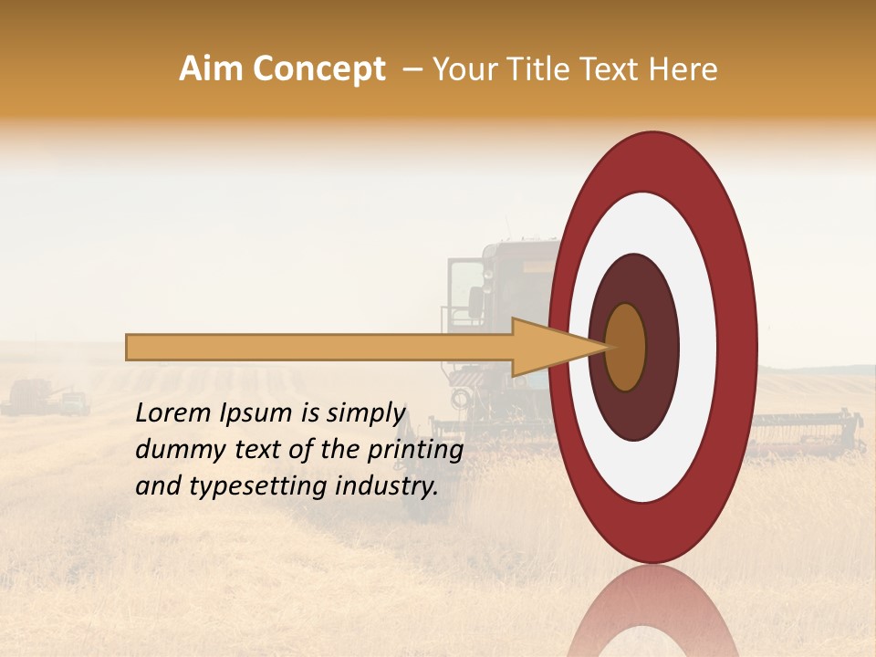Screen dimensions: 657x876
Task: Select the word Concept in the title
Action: click(320, 69)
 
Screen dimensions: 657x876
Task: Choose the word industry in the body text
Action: click(387, 486)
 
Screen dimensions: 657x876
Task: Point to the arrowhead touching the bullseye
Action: click(557, 348)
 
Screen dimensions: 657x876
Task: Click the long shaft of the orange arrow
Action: click(319, 348)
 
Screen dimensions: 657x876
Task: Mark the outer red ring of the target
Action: click(739, 347)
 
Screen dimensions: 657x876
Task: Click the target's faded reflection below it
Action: click(652, 616)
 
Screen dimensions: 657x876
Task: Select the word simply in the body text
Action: click(363, 413)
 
